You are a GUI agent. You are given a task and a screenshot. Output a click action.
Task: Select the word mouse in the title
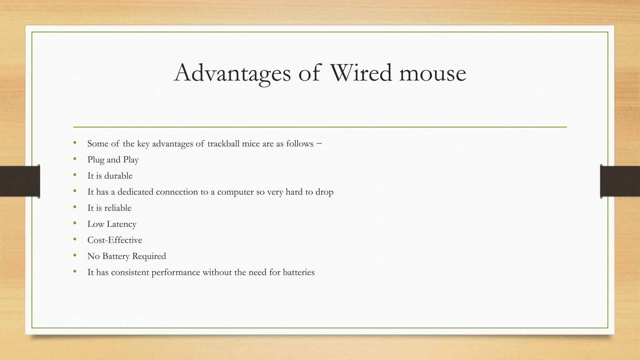click(432, 73)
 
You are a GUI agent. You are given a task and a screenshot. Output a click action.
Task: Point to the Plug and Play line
click(113, 160)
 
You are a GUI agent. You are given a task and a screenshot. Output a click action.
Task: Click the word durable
click(118, 176)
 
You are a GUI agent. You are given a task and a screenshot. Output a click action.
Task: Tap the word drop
click(324, 192)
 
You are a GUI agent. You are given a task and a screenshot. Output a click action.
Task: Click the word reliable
click(118, 208)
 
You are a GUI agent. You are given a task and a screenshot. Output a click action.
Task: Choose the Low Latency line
click(112, 224)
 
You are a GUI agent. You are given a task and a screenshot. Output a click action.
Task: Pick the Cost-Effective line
click(115, 240)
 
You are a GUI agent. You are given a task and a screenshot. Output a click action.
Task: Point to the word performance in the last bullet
click(176, 272)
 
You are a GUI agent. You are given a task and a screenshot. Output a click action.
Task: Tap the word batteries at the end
click(298, 272)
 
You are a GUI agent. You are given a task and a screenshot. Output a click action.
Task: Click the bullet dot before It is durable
click(75, 175)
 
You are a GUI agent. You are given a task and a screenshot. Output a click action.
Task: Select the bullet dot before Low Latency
click(75, 223)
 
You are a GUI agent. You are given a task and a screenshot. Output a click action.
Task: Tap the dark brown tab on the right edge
click(620, 181)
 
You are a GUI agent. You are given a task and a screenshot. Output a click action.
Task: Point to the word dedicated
click(135, 192)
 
